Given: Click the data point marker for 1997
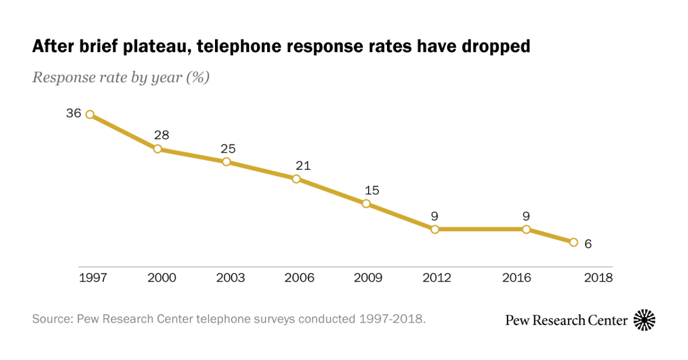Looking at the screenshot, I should pos(89,115).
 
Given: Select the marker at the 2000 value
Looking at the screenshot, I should pos(157,149).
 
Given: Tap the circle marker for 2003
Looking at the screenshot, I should pos(226,162).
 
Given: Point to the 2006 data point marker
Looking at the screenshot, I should pos(296,179).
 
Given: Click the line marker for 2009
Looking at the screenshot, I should pos(366,204).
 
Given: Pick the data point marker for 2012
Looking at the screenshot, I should pos(435,229).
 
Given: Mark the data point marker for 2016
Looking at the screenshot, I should pos(526,229).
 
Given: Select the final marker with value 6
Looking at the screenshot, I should pos(573,242).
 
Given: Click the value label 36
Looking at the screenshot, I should pos(73,113).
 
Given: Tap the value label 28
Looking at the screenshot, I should pos(162,135).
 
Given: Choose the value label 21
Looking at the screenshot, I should pos(303,166).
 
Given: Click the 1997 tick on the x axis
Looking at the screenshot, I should pos(93,278).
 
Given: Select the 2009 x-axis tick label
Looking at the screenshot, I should pos(368,278).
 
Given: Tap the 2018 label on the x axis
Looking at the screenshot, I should pos(598,278).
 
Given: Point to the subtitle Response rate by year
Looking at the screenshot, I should pos(120,77).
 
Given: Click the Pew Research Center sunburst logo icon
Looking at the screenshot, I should pos(644,320).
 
